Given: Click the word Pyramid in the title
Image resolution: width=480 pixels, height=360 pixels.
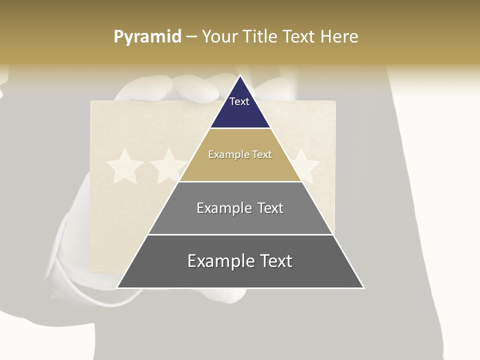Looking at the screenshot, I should point(147,37).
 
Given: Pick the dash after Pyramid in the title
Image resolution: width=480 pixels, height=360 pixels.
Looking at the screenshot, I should point(191,37).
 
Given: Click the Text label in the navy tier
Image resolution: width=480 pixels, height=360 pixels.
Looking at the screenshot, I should point(239,101).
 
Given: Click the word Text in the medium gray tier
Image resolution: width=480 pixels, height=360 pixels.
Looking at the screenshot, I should point(270,208).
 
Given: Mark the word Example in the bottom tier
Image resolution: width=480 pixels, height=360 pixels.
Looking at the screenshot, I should point(217,261).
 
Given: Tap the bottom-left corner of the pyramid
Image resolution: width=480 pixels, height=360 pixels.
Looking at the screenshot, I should point(118,287).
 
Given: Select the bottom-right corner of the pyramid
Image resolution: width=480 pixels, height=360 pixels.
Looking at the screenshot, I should point(363,287).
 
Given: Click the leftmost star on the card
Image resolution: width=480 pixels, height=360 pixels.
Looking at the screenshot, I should point(125,166).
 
